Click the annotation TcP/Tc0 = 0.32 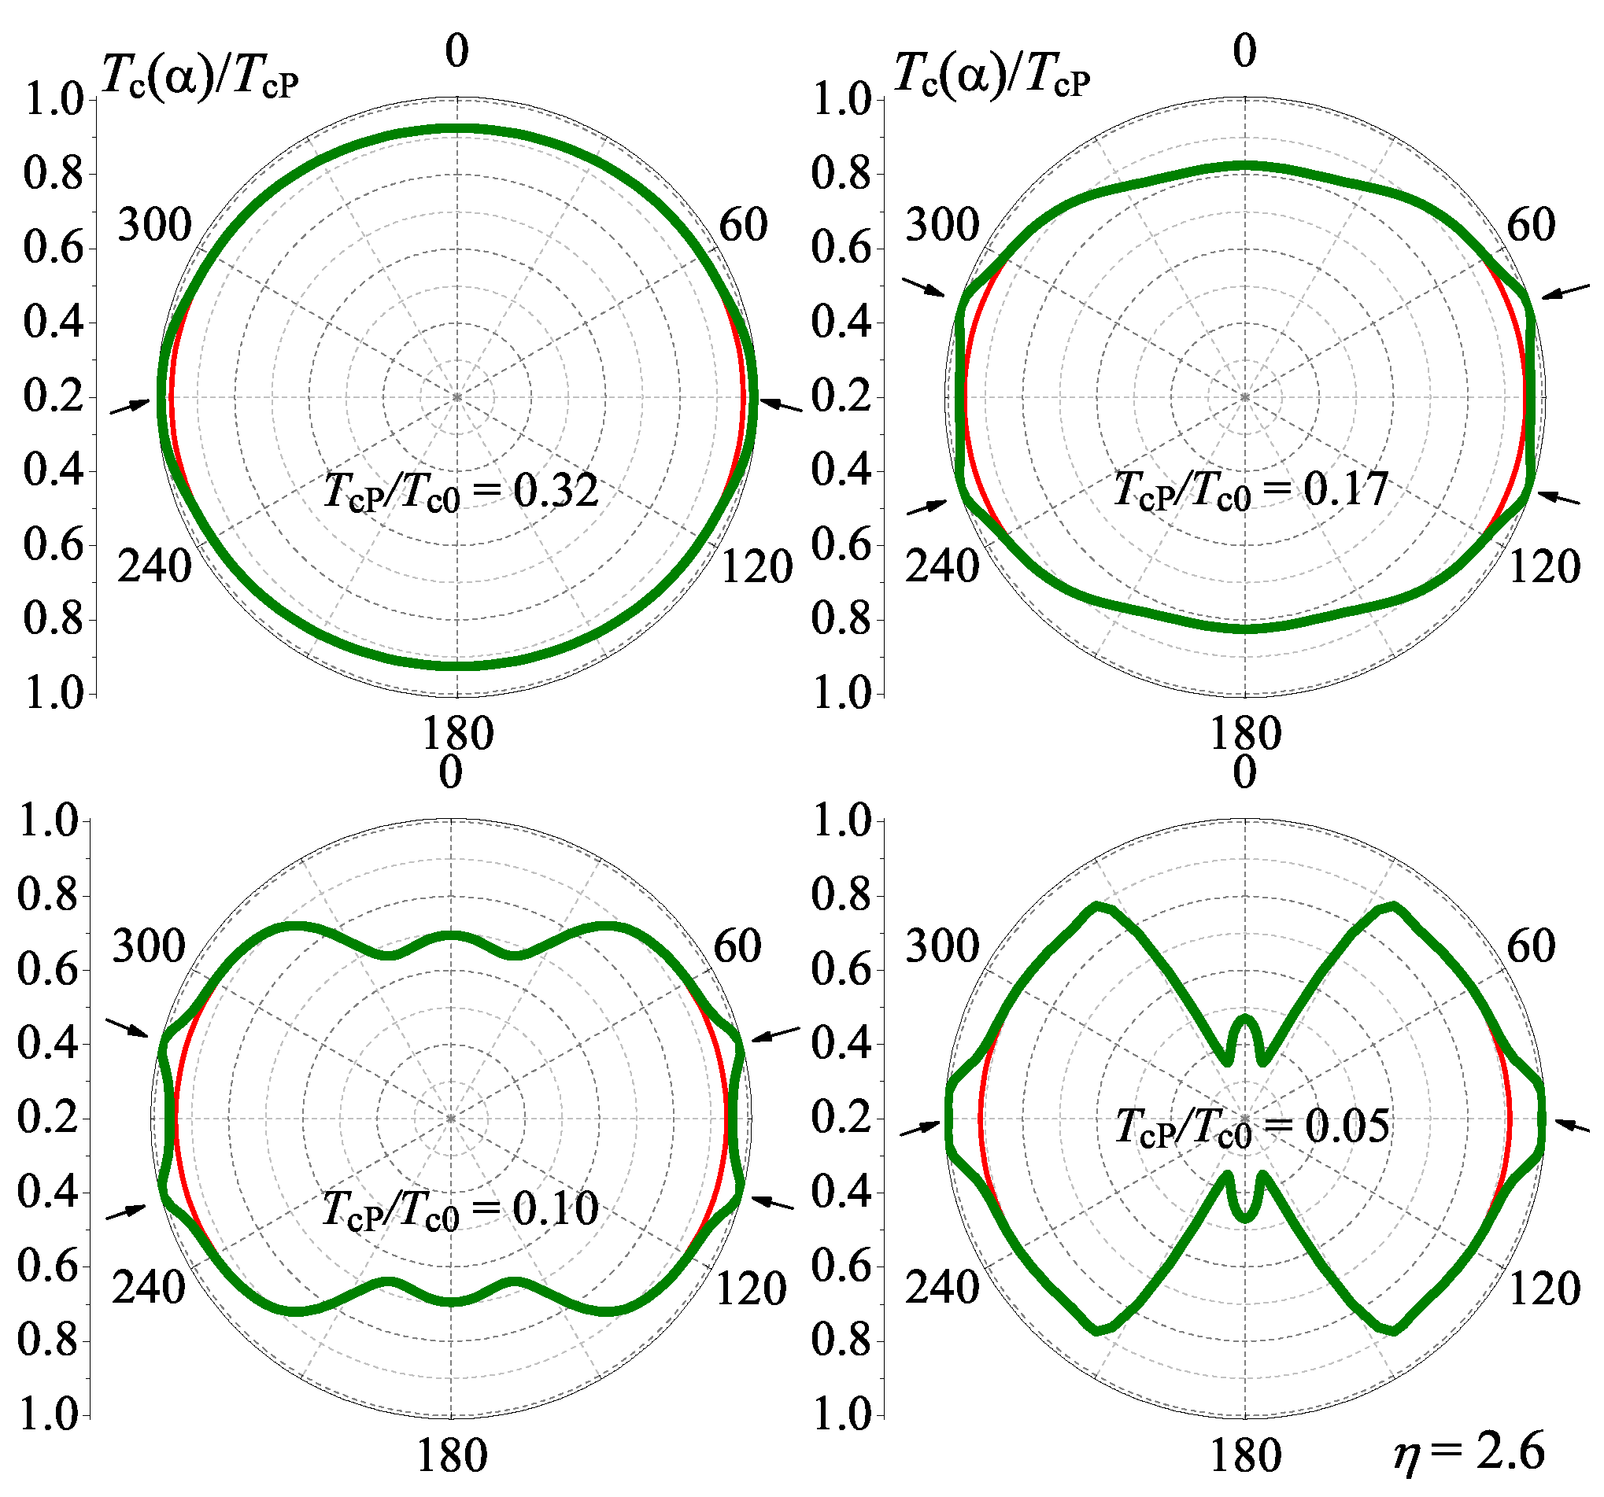point(460,490)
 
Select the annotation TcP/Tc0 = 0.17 point(1250,489)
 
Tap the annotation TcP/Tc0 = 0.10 point(459,1209)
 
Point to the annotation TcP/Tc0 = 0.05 point(1252,1126)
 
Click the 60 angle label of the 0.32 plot point(743,225)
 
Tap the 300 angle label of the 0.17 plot point(941,225)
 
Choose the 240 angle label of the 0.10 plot point(149,1286)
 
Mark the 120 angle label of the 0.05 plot point(1544,1287)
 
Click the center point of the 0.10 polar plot point(451,1119)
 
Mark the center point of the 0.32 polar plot point(457,397)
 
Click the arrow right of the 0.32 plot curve point(781,405)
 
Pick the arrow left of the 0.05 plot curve point(921,1128)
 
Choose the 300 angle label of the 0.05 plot point(941,946)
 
